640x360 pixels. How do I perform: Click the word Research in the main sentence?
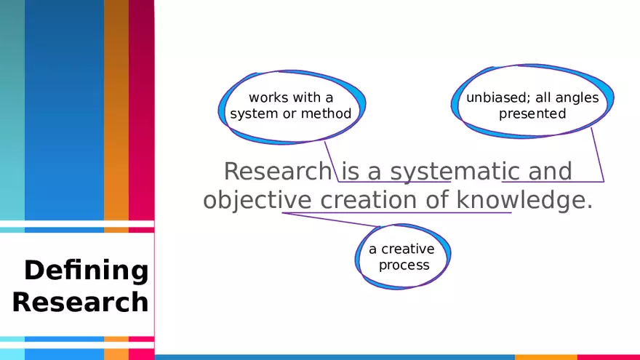(276, 172)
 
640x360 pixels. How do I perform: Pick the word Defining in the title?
(87, 271)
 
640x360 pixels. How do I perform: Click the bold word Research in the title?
(81, 302)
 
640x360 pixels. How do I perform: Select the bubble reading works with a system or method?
(291, 106)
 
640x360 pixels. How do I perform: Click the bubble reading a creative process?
(403, 257)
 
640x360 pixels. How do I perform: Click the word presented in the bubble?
(532, 114)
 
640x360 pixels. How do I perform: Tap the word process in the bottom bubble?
(404, 265)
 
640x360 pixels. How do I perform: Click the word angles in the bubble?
(579, 97)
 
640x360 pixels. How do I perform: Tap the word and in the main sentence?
(550, 172)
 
